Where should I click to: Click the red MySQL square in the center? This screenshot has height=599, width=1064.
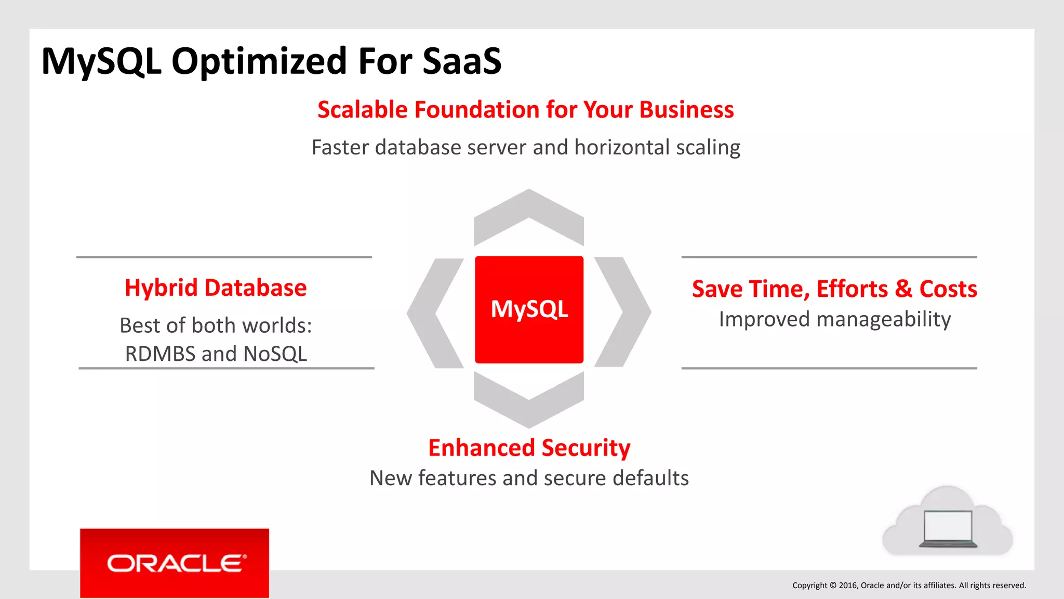tap(529, 309)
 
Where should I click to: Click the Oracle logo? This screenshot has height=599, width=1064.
tap(175, 563)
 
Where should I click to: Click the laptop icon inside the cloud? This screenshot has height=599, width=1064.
tap(948, 528)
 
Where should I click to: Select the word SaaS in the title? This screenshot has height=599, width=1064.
tap(462, 61)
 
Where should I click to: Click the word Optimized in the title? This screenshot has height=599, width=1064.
tap(259, 61)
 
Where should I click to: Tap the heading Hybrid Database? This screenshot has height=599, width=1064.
tap(216, 288)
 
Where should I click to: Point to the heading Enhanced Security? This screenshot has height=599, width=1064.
tap(529, 448)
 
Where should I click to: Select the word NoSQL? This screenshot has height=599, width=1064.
tap(275, 354)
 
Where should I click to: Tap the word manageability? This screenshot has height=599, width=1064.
tap(883, 319)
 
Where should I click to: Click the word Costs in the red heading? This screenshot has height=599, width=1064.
tap(948, 289)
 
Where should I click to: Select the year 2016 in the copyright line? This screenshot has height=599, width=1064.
tap(848, 585)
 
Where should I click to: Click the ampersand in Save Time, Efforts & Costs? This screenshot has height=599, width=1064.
tap(904, 289)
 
